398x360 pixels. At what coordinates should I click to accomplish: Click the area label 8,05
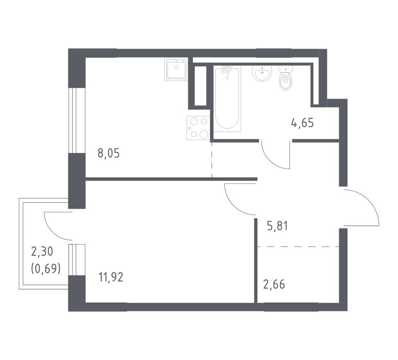pos(108,153)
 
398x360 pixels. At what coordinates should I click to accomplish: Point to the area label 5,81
pos(277,226)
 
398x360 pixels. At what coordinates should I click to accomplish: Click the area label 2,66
pos(274,284)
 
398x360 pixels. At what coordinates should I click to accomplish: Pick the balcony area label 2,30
pos(42,252)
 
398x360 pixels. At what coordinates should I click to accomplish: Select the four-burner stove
pos(198,128)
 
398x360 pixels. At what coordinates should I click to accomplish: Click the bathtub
pos(227,99)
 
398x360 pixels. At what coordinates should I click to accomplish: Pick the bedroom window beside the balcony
pos(76,260)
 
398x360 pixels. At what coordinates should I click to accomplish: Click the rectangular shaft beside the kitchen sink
pos(200,86)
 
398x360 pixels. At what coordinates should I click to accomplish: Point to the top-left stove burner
pos(194,122)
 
